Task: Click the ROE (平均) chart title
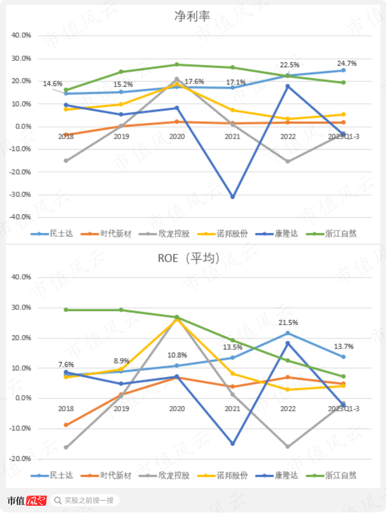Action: tap(189, 258)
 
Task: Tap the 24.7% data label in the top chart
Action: tap(346, 63)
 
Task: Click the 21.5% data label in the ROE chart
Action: tap(288, 322)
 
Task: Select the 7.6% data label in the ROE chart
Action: tap(66, 364)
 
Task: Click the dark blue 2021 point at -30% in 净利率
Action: tap(232, 197)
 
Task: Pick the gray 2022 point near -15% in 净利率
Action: tap(288, 161)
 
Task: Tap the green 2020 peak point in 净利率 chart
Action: tap(177, 64)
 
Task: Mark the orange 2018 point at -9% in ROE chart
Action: tap(66, 425)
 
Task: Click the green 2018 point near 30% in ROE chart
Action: tap(66, 310)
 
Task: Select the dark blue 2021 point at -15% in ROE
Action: tap(232, 444)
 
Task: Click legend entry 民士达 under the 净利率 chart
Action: tap(52, 234)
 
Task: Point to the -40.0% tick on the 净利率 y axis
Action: tap(21, 217)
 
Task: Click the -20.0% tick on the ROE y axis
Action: tap(21, 458)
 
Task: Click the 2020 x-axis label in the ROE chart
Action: tap(177, 409)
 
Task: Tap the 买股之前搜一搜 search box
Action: tap(85, 500)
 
